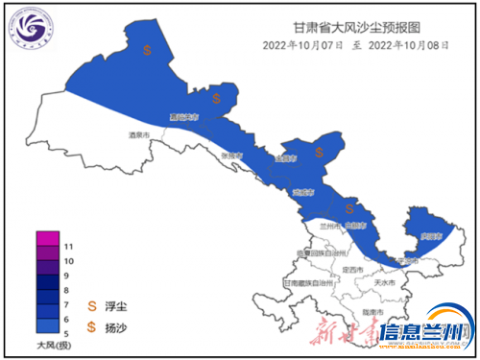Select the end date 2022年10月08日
405,45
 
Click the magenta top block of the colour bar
47,239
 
